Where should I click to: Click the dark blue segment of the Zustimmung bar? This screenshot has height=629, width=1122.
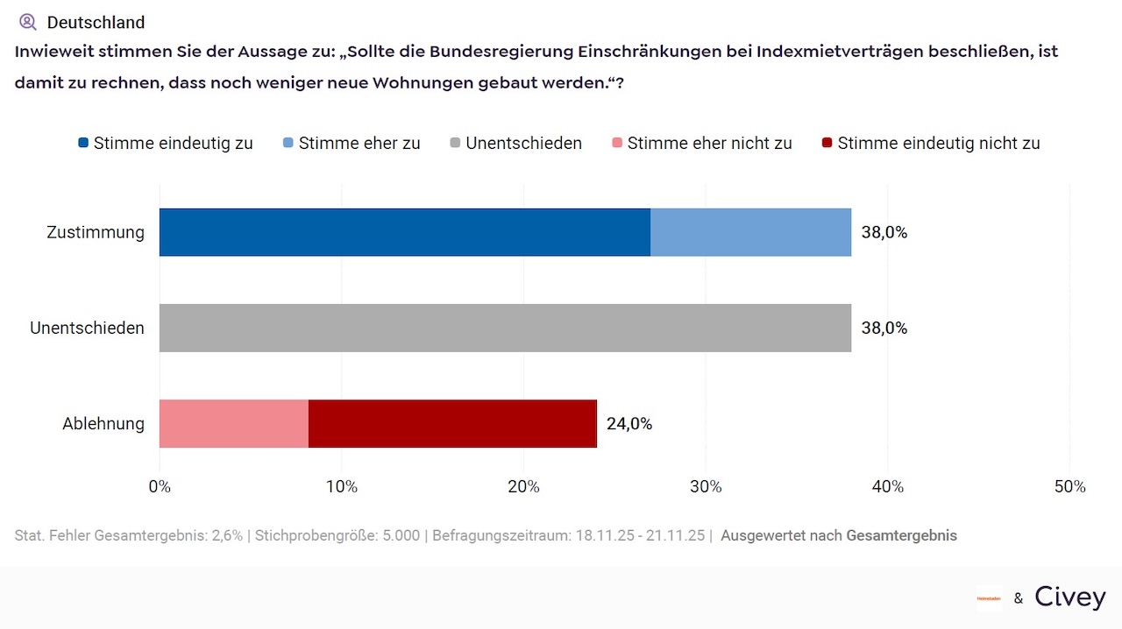click(404, 232)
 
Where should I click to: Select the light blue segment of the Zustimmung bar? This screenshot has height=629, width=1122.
click(750, 232)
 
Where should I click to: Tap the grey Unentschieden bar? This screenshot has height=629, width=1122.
click(505, 328)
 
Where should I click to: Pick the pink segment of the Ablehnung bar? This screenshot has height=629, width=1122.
click(233, 424)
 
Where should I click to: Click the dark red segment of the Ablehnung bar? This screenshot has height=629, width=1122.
click(452, 424)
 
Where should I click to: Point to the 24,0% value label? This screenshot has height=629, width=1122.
click(629, 424)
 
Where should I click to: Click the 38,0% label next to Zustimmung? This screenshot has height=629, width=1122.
click(884, 232)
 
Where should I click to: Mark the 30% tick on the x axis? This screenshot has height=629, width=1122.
click(706, 486)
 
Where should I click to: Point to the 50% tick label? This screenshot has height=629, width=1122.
click(1069, 486)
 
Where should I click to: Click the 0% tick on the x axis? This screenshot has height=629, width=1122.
click(160, 486)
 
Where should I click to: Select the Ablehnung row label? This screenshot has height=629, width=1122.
click(103, 424)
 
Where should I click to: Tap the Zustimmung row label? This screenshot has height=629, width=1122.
click(96, 232)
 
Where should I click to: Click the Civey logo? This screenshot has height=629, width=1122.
click(1070, 597)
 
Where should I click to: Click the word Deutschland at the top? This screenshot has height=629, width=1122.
click(96, 22)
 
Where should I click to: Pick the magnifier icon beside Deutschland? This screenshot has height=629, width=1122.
click(28, 22)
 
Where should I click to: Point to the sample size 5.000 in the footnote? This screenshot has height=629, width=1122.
click(401, 535)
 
